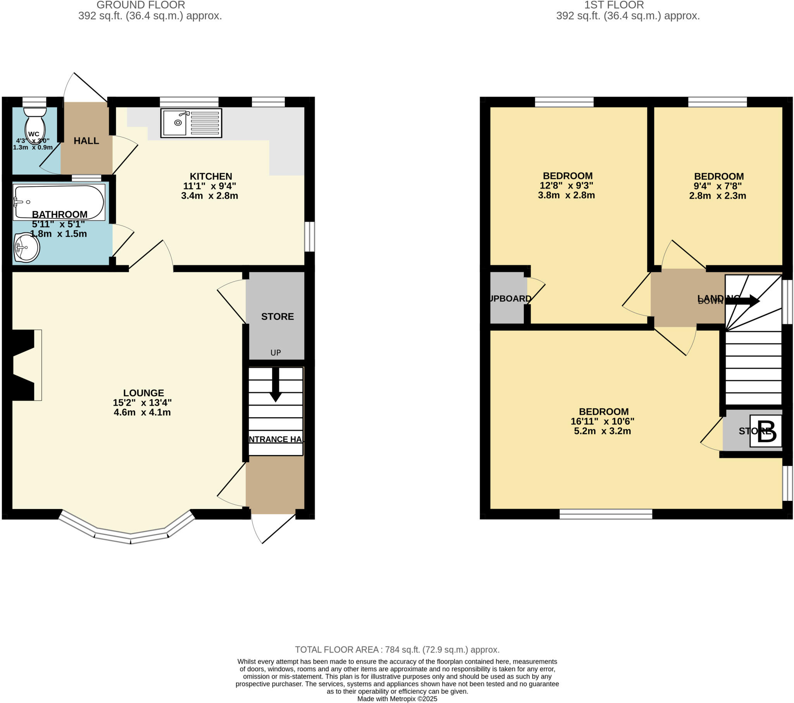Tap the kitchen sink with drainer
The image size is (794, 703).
192,123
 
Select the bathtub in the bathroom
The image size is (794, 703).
59,202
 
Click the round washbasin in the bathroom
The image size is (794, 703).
27,247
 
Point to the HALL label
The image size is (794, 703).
86,141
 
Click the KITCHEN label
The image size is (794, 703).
211,176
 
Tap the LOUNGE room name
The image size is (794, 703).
143,393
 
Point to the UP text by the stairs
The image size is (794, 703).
275,352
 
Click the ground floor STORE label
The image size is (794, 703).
277,317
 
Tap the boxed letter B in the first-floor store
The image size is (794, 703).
766,431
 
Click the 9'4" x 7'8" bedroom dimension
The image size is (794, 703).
718,186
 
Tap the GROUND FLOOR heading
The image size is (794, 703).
141,5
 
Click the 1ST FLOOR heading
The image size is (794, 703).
614,5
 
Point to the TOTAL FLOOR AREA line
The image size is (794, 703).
397,650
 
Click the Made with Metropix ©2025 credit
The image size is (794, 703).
397,699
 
